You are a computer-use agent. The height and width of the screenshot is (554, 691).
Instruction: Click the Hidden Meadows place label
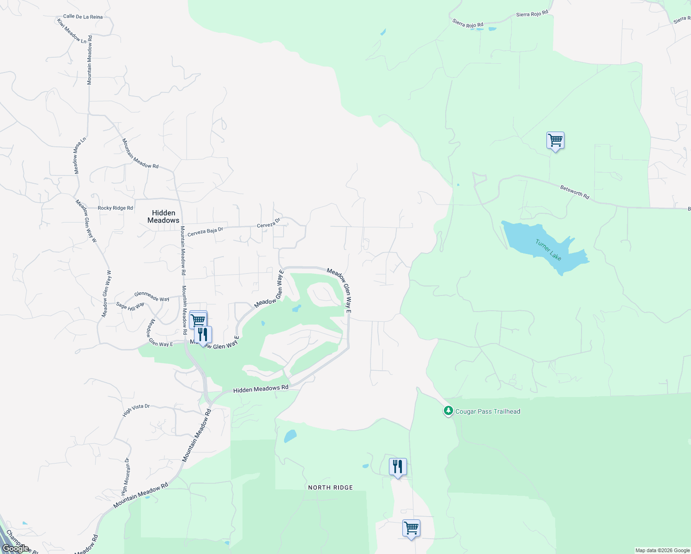click(x=164, y=217)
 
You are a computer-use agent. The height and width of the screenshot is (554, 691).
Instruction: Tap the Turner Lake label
click(x=548, y=250)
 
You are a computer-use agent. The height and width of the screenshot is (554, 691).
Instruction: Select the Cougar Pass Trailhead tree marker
click(x=448, y=410)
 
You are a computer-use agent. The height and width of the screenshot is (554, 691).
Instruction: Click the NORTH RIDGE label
click(x=330, y=488)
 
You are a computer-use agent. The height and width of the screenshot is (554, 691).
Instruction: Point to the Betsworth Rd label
click(x=575, y=192)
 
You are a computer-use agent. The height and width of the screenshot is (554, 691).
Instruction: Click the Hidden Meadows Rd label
click(x=261, y=389)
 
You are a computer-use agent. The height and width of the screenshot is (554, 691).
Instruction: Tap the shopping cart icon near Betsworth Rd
click(x=555, y=140)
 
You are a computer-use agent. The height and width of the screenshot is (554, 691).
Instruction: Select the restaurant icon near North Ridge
click(x=398, y=467)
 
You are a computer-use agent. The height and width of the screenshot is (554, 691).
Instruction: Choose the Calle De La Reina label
click(x=83, y=17)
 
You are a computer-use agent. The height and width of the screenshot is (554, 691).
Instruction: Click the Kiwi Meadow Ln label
click(x=72, y=31)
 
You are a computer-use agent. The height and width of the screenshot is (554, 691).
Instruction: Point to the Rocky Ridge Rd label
click(x=115, y=208)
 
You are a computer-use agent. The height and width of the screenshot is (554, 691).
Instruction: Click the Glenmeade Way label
click(x=152, y=296)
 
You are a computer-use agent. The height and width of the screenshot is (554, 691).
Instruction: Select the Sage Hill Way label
click(x=130, y=306)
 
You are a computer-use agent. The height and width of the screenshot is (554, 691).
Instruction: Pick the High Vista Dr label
click(x=136, y=410)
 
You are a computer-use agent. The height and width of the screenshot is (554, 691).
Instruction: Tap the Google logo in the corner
click(x=16, y=548)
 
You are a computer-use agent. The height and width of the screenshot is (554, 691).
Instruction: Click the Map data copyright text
click(x=662, y=550)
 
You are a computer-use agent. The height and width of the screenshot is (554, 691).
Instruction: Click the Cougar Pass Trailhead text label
click(x=488, y=411)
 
